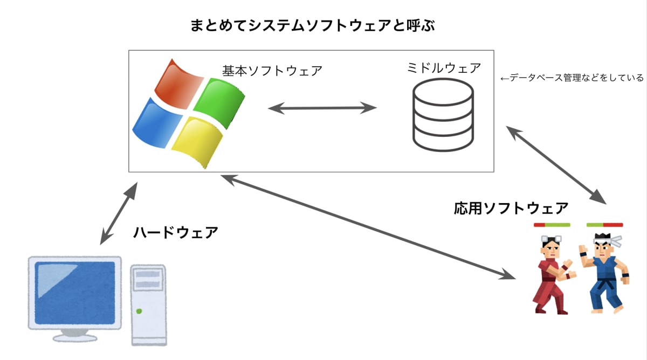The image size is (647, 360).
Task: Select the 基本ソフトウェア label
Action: tap(272, 71)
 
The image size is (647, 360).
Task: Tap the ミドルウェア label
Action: tap(444, 68)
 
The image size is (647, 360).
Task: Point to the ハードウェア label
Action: tap(176, 232)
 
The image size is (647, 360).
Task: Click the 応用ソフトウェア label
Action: tap(511, 207)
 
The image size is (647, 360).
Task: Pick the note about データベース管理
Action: tap(572, 78)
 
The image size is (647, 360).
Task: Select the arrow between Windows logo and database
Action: tap(322, 108)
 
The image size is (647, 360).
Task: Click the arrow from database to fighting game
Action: tap(556, 164)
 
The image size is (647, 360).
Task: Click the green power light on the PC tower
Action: tap(139, 311)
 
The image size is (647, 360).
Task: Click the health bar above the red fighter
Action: tap(552, 225)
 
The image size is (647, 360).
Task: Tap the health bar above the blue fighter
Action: tap(604, 225)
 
